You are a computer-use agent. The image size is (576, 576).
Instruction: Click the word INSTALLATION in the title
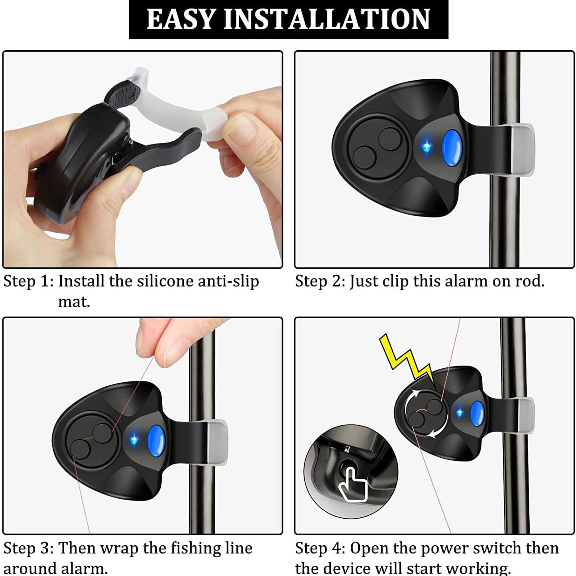[327, 19]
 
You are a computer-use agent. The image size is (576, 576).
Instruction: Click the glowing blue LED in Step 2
[426, 147]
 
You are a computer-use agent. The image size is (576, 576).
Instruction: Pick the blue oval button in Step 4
[477, 413]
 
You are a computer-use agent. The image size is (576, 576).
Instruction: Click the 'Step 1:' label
[28, 281]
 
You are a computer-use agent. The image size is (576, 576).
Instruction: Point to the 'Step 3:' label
[28, 548]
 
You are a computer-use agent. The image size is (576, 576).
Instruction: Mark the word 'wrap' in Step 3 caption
[120, 548]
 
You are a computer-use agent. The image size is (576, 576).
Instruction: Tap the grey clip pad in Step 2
[522, 149]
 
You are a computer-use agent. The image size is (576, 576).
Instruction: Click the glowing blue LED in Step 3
[134, 439]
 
